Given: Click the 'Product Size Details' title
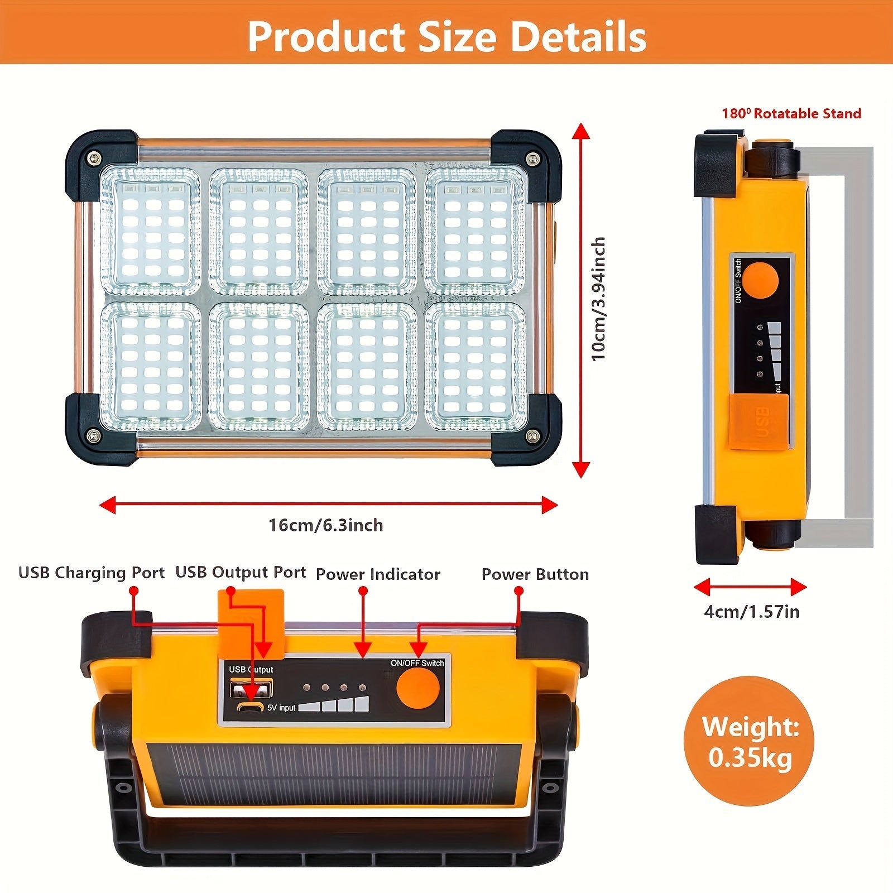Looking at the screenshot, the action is (446, 36).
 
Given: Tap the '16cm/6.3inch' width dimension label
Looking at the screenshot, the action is (326, 525).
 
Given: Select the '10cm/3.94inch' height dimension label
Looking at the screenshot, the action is (598, 299).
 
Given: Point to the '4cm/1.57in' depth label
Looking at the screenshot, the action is (751, 612).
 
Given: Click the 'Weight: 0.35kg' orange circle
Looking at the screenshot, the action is (749, 741).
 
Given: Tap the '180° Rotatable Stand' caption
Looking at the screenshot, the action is (791, 113).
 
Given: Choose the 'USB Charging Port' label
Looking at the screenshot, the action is (92, 573).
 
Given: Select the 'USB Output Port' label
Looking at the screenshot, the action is (241, 573).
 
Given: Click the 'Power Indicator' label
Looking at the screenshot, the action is (378, 574).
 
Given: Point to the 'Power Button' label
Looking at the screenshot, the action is (535, 574).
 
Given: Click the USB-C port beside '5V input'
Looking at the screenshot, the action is (251, 707).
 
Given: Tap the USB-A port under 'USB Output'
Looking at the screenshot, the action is (251, 688).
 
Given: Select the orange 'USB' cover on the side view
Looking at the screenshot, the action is (758, 422).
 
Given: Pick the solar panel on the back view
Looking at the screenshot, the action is (334, 775).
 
